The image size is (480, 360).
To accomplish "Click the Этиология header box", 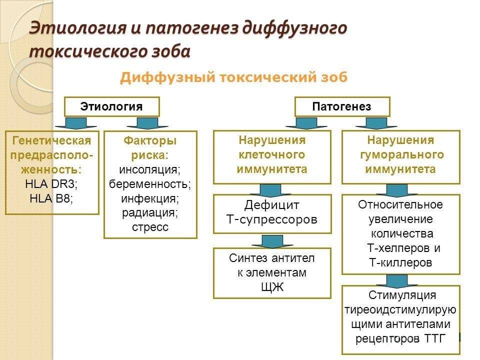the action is (111, 106).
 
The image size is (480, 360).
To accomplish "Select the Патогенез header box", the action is (342, 106).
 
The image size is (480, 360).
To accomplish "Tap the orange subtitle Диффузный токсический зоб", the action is (233, 77).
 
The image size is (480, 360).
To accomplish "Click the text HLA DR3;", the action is (51, 184).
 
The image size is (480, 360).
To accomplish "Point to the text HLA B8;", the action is (51, 198).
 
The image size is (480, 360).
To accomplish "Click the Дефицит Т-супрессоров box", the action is (272, 213).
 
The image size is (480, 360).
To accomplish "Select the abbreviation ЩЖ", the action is (272, 287).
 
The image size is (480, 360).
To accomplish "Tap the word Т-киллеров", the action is (400, 262).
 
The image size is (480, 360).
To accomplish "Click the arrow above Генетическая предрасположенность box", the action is (76, 123).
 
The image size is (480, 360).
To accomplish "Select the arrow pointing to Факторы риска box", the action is (147, 123).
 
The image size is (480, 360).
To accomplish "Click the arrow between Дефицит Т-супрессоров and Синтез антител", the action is (272, 241).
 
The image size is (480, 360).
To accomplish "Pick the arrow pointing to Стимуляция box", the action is (396, 280).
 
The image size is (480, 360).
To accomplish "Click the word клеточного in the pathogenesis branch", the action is (272, 154).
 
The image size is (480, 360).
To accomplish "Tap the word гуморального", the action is (402, 155).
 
